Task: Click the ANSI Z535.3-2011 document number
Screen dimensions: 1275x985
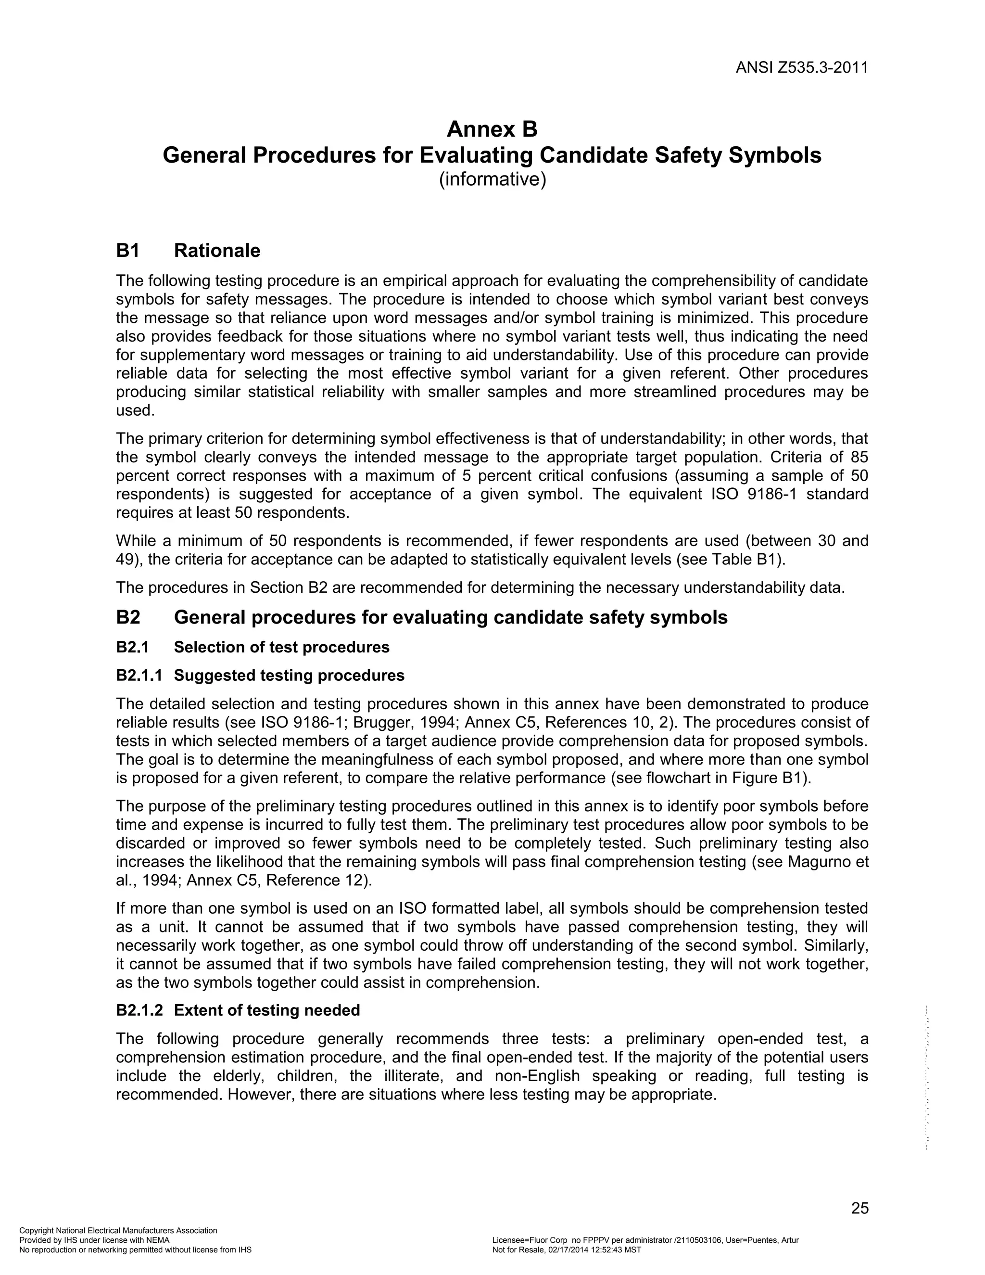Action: coord(801,68)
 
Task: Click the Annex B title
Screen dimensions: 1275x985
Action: coord(492,129)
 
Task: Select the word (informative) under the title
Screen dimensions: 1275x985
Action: coord(492,179)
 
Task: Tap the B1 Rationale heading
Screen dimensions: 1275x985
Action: coord(188,251)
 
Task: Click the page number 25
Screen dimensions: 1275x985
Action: coord(859,1208)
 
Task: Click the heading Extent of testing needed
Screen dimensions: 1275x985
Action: coord(266,1010)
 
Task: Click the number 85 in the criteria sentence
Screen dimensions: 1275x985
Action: coord(859,457)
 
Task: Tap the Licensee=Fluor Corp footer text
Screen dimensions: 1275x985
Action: coord(645,1240)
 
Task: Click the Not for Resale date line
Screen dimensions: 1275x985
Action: coord(566,1250)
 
